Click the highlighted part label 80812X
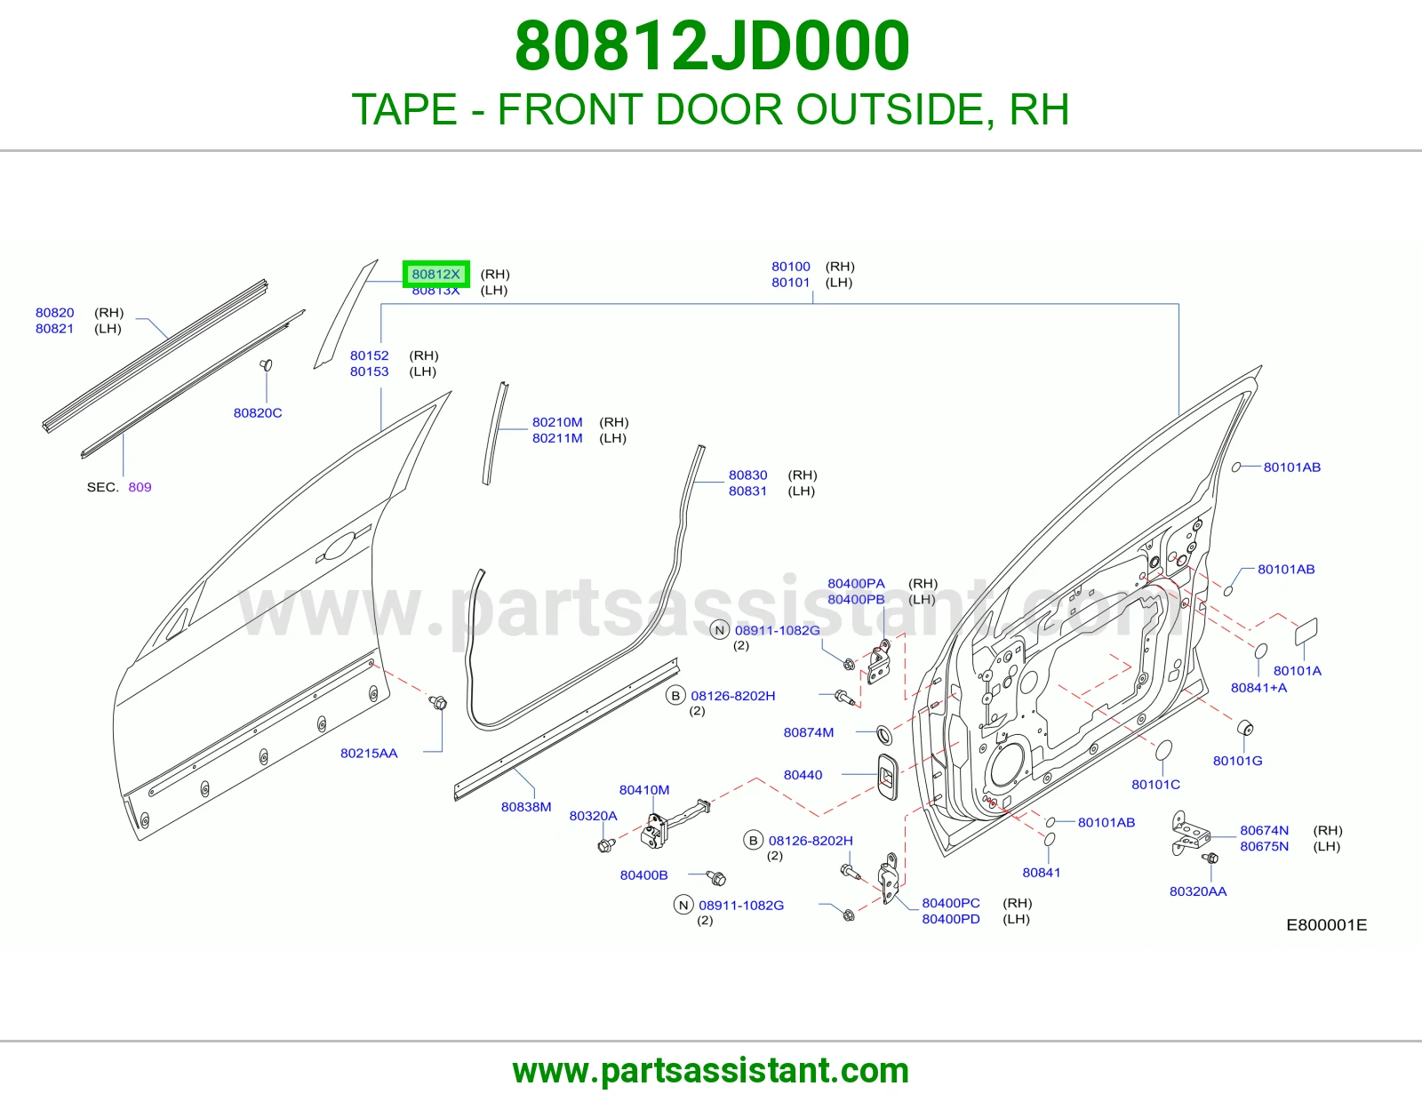435,274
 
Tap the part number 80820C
258,413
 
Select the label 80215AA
369,754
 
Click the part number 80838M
526,807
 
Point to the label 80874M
809,732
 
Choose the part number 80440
803,775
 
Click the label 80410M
644,790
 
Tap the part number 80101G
1237,761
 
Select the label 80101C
1155,784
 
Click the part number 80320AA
1198,891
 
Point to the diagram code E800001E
1326,924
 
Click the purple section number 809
140,487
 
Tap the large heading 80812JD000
712,46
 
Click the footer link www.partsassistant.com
711,1071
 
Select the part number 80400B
644,874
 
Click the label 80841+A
1259,688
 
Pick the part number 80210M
557,422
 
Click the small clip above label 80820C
266,364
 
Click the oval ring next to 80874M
883,734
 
